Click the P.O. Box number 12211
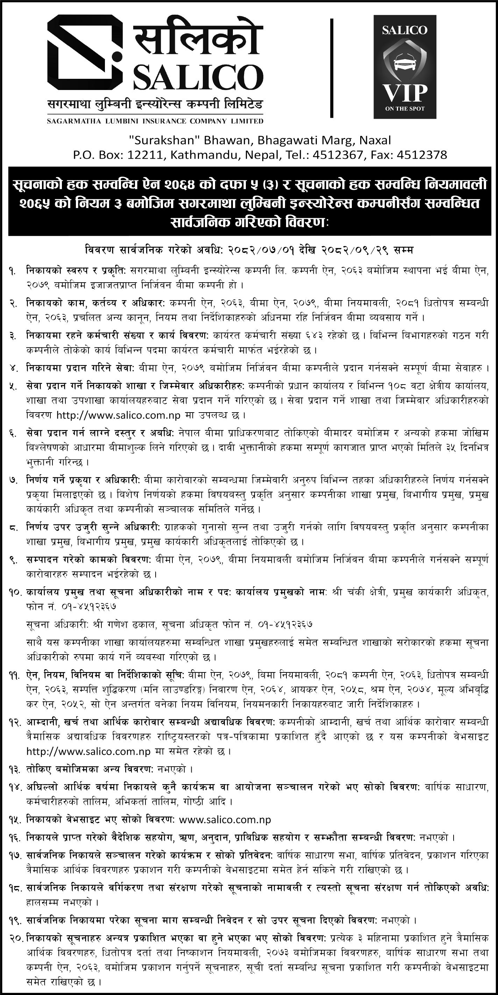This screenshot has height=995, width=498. (x=143, y=155)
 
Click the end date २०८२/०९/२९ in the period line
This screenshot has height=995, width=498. (x=354, y=251)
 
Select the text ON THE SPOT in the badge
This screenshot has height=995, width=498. (x=405, y=109)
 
